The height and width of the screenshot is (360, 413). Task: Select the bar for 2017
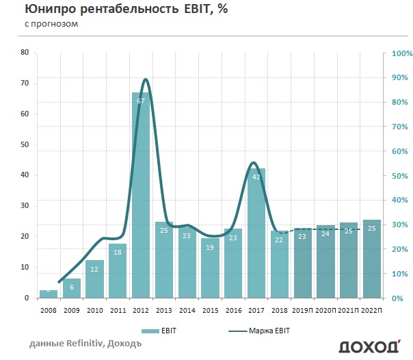pos(256,233)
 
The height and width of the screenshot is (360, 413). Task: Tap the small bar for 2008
pos(48,294)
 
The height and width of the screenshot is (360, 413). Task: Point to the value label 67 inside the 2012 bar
pos(141,102)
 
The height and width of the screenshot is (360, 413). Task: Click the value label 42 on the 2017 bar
pos(256,177)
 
